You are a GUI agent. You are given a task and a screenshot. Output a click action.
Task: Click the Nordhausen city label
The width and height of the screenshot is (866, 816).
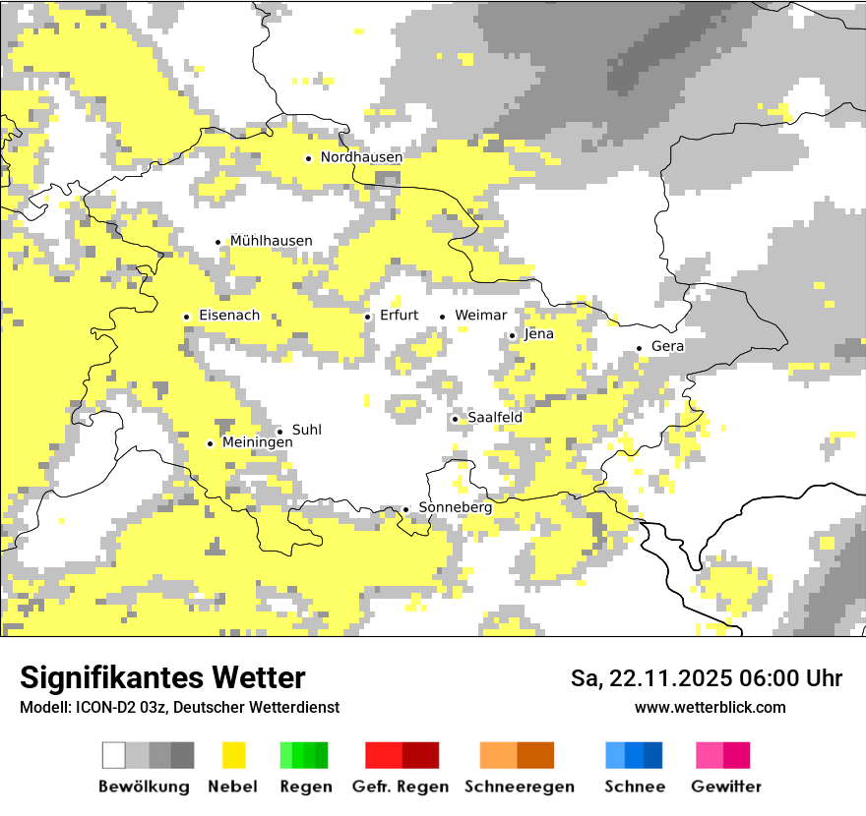pyautogui.click(x=361, y=157)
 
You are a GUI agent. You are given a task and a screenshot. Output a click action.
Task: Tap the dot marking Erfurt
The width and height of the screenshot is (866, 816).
pyautogui.click(x=368, y=317)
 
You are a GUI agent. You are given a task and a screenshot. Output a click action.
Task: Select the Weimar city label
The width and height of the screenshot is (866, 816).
pyautogui.click(x=481, y=316)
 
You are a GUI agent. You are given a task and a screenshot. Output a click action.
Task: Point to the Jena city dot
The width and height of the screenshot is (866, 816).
pyautogui.click(x=512, y=336)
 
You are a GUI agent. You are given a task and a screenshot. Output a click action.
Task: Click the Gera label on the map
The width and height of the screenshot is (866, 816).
pyautogui.click(x=667, y=346)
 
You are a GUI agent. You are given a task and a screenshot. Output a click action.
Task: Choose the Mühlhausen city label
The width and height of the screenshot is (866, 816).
pyautogui.click(x=271, y=241)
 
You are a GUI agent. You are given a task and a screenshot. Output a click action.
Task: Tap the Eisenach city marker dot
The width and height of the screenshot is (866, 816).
pyautogui.click(x=186, y=317)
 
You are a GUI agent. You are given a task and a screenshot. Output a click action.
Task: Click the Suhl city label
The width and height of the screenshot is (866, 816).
pyautogui.click(x=306, y=430)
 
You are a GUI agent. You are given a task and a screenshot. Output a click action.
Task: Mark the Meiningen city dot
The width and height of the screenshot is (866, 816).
pyautogui.click(x=210, y=444)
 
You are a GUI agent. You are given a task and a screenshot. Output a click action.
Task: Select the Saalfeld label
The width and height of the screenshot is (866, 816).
pyautogui.click(x=494, y=418)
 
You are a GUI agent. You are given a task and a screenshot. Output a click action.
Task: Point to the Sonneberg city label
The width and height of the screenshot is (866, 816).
pyautogui.click(x=455, y=507)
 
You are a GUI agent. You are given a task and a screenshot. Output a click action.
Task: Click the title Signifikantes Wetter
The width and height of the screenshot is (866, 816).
pyautogui.click(x=162, y=677)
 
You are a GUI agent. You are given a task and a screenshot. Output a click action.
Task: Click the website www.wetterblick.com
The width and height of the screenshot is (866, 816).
pyautogui.click(x=710, y=707)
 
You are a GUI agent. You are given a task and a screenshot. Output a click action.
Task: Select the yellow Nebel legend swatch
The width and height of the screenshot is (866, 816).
pyautogui.click(x=233, y=755)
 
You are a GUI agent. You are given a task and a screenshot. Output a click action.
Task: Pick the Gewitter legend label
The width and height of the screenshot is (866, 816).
pyautogui.click(x=725, y=787)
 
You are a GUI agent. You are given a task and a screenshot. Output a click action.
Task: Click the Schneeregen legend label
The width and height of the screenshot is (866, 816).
pyautogui.click(x=519, y=787)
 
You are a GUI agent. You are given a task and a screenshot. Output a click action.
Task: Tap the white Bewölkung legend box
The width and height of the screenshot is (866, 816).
pyautogui.click(x=114, y=755)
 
